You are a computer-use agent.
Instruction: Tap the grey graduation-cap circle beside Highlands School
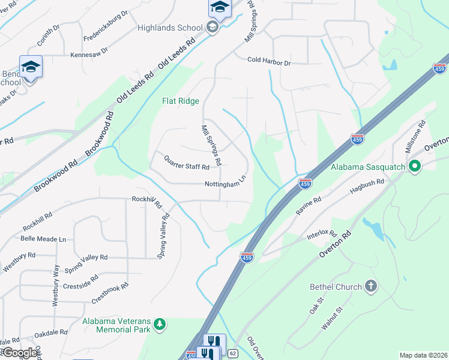click(x=211, y=27)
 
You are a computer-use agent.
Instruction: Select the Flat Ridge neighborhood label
click(x=180, y=101)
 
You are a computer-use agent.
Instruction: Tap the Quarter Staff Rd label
click(x=187, y=162)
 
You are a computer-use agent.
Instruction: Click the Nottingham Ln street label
click(x=226, y=182)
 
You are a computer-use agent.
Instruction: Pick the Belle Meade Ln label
click(x=43, y=239)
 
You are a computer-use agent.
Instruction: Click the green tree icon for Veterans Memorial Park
click(x=159, y=325)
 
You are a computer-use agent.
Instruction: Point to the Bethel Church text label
click(x=336, y=287)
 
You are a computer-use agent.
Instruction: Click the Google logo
click(x=20, y=353)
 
